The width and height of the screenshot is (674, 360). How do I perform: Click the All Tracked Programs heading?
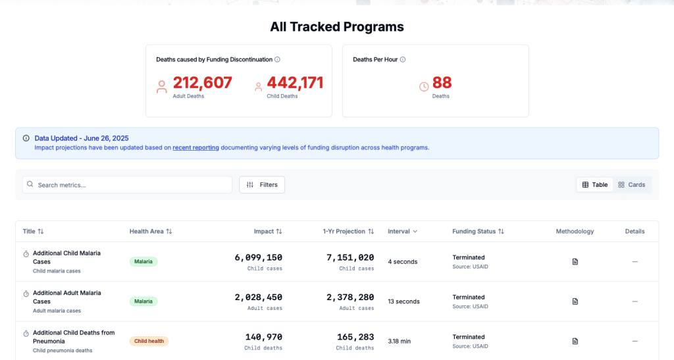336,27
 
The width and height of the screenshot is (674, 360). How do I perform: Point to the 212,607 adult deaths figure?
202,83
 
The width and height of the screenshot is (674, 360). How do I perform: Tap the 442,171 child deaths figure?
295,83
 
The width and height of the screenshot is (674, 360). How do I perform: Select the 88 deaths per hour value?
442,83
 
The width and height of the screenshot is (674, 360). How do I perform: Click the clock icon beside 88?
424,86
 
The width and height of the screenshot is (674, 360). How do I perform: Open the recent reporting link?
195,147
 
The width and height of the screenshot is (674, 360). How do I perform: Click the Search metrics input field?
127,185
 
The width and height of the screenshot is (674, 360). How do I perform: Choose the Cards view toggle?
631,185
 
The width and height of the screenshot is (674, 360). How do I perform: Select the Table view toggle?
594,185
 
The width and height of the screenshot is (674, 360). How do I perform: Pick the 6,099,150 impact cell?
258,257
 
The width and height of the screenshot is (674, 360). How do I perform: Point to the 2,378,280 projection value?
350,297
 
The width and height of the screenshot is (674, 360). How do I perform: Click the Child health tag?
149,341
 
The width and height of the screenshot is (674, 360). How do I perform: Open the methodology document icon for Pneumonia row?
575,341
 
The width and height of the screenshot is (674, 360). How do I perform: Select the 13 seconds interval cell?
403,301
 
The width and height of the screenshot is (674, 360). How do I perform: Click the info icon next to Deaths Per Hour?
403,59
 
